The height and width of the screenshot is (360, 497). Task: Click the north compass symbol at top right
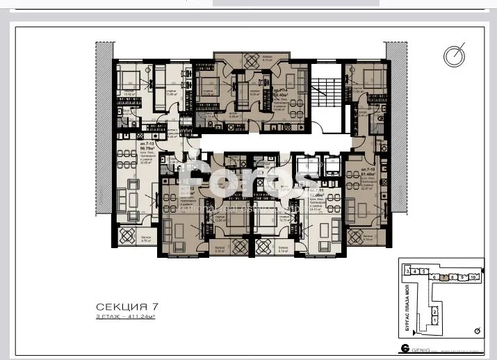click(455, 55)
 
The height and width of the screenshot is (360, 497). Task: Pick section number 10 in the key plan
click(473, 276)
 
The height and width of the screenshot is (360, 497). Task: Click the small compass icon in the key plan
click(475, 330)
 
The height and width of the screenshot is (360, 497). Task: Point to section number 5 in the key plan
click(423, 271)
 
